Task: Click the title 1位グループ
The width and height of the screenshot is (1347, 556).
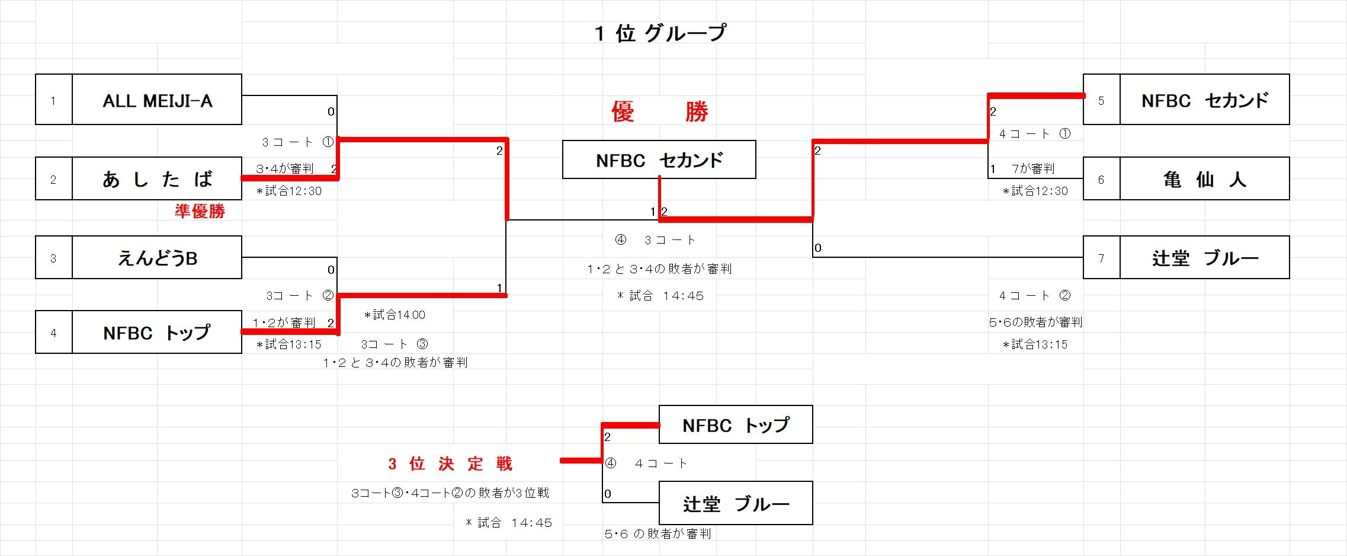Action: pos(660,33)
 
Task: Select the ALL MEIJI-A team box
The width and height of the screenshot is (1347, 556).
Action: pos(157,100)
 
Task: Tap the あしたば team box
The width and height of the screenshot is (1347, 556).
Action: pos(157,179)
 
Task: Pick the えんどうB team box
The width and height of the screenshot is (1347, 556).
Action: pos(157,258)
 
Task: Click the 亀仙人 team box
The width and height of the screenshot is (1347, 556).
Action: pos(1204,179)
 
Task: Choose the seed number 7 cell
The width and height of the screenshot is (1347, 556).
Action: pos(1101,258)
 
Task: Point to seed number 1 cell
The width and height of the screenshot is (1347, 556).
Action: pos(53,100)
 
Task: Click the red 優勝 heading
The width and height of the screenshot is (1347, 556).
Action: pos(659,111)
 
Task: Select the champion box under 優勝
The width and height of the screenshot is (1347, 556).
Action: pos(659,160)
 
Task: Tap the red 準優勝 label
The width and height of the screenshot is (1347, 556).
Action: pos(200,212)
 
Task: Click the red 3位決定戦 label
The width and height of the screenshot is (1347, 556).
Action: pos(450,464)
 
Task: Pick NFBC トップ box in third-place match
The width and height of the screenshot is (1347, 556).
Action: pos(736,425)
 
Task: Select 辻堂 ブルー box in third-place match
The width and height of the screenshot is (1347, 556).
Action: pos(736,504)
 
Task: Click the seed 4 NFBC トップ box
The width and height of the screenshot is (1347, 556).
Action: pos(157,333)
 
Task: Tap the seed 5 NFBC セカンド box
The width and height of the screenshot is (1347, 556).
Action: pos(1204,100)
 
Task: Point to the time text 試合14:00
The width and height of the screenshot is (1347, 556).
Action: pos(395,315)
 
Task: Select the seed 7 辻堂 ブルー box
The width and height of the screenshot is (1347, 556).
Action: pos(1204,258)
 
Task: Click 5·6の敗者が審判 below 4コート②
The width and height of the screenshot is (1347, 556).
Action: pos(1035,322)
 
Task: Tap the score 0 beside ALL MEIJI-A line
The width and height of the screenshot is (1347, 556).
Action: pos(331,111)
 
